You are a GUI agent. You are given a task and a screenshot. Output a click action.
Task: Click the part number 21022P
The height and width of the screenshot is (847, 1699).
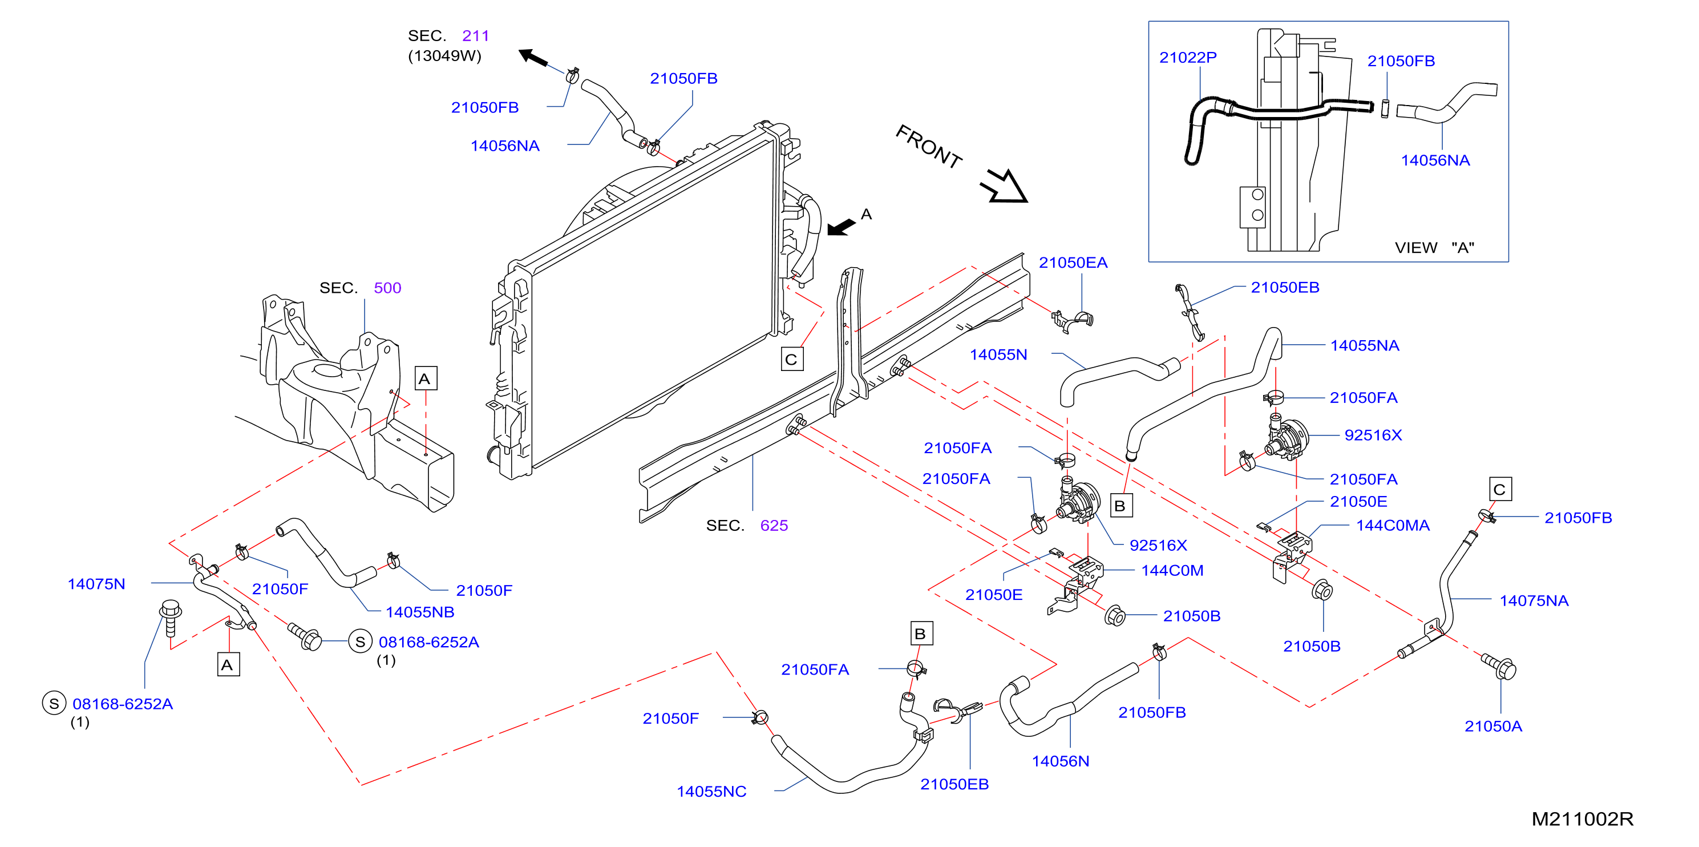click(1188, 58)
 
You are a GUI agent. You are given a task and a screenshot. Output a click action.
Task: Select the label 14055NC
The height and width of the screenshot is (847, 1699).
click(711, 792)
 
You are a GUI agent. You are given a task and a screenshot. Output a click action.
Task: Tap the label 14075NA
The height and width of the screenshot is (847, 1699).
click(1534, 601)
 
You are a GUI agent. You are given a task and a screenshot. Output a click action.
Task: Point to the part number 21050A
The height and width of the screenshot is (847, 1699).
click(1493, 726)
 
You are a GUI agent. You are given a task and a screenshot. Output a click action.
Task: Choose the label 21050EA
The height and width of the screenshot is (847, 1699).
click(1073, 263)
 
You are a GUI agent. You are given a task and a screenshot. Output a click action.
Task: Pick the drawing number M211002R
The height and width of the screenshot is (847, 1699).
click(1582, 819)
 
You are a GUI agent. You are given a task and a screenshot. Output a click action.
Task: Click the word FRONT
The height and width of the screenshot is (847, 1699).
click(929, 147)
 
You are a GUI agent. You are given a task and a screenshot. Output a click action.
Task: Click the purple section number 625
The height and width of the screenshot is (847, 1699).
click(774, 526)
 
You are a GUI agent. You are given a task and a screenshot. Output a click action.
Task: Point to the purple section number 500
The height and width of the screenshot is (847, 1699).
click(387, 288)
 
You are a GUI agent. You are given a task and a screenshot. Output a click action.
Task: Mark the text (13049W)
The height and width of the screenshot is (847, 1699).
click(444, 56)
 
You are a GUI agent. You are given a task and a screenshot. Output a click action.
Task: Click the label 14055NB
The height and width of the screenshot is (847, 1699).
click(420, 612)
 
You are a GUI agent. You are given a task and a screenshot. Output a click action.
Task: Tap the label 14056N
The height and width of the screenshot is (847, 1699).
click(1061, 761)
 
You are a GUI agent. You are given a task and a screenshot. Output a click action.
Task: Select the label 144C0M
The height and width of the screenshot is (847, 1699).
click(1172, 571)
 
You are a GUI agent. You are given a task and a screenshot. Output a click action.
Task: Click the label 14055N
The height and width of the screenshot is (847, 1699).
click(998, 355)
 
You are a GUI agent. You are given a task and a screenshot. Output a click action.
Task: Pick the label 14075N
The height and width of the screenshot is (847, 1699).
click(96, 584)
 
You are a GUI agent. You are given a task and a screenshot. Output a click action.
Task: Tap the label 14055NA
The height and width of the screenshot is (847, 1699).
click(1365, 346)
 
